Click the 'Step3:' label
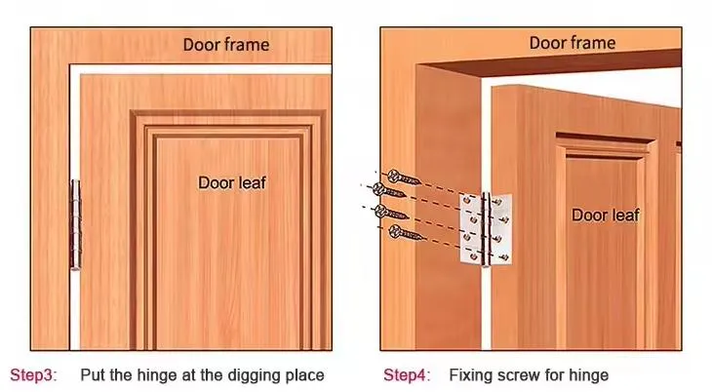(x=33, y=375)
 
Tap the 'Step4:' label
(x=407, y=375)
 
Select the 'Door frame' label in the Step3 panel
(x=226, y=45)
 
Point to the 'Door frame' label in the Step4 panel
(x=573, y=43)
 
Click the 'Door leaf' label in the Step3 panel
(x=232, y=182)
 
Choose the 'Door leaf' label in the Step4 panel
(x=606, y=215)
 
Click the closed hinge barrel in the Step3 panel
(x=76, y=225)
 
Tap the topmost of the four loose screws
(x=404, y=177)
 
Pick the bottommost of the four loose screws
(x=406, y=233)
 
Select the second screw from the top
(x=388, y=190)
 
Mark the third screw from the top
(x=391, y=213)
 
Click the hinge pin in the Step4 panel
(x=486, y=230)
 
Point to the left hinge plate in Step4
(x=471, y=228)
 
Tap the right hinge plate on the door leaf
(x=501, y=229)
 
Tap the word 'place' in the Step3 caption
(x=304, y=376)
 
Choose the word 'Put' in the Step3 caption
(x=94, y=375)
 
